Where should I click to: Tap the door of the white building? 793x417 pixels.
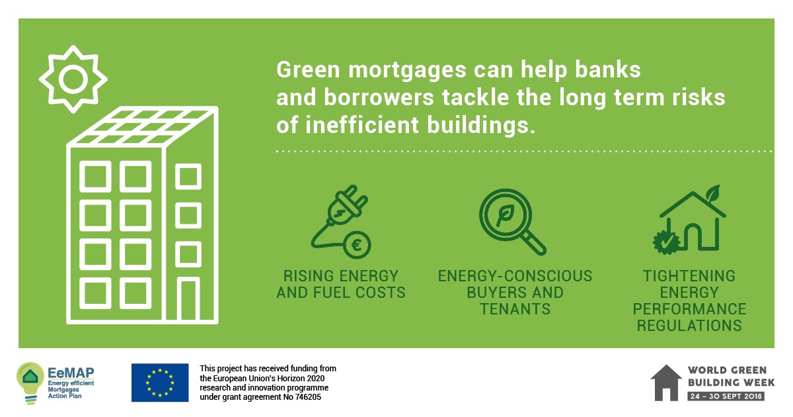click(188, 299)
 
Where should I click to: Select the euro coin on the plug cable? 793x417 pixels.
click(357, 245)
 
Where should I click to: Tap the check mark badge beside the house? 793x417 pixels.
click(667, 242)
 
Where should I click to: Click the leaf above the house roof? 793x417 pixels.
click(713, 193)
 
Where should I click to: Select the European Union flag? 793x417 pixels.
click(160, 383)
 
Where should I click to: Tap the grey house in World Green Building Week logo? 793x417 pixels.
click(666, 383)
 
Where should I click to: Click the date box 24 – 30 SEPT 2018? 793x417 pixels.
click(726, 396)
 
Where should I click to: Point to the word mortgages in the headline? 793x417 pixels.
click(408, 69)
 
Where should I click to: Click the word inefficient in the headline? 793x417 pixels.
click(362, 125)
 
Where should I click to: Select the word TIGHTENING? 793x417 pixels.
click(689, 276)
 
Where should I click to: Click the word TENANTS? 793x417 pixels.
click(515, 309)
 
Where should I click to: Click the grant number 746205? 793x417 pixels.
click(307, 397)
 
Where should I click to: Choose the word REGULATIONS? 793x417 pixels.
click(689, 326)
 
